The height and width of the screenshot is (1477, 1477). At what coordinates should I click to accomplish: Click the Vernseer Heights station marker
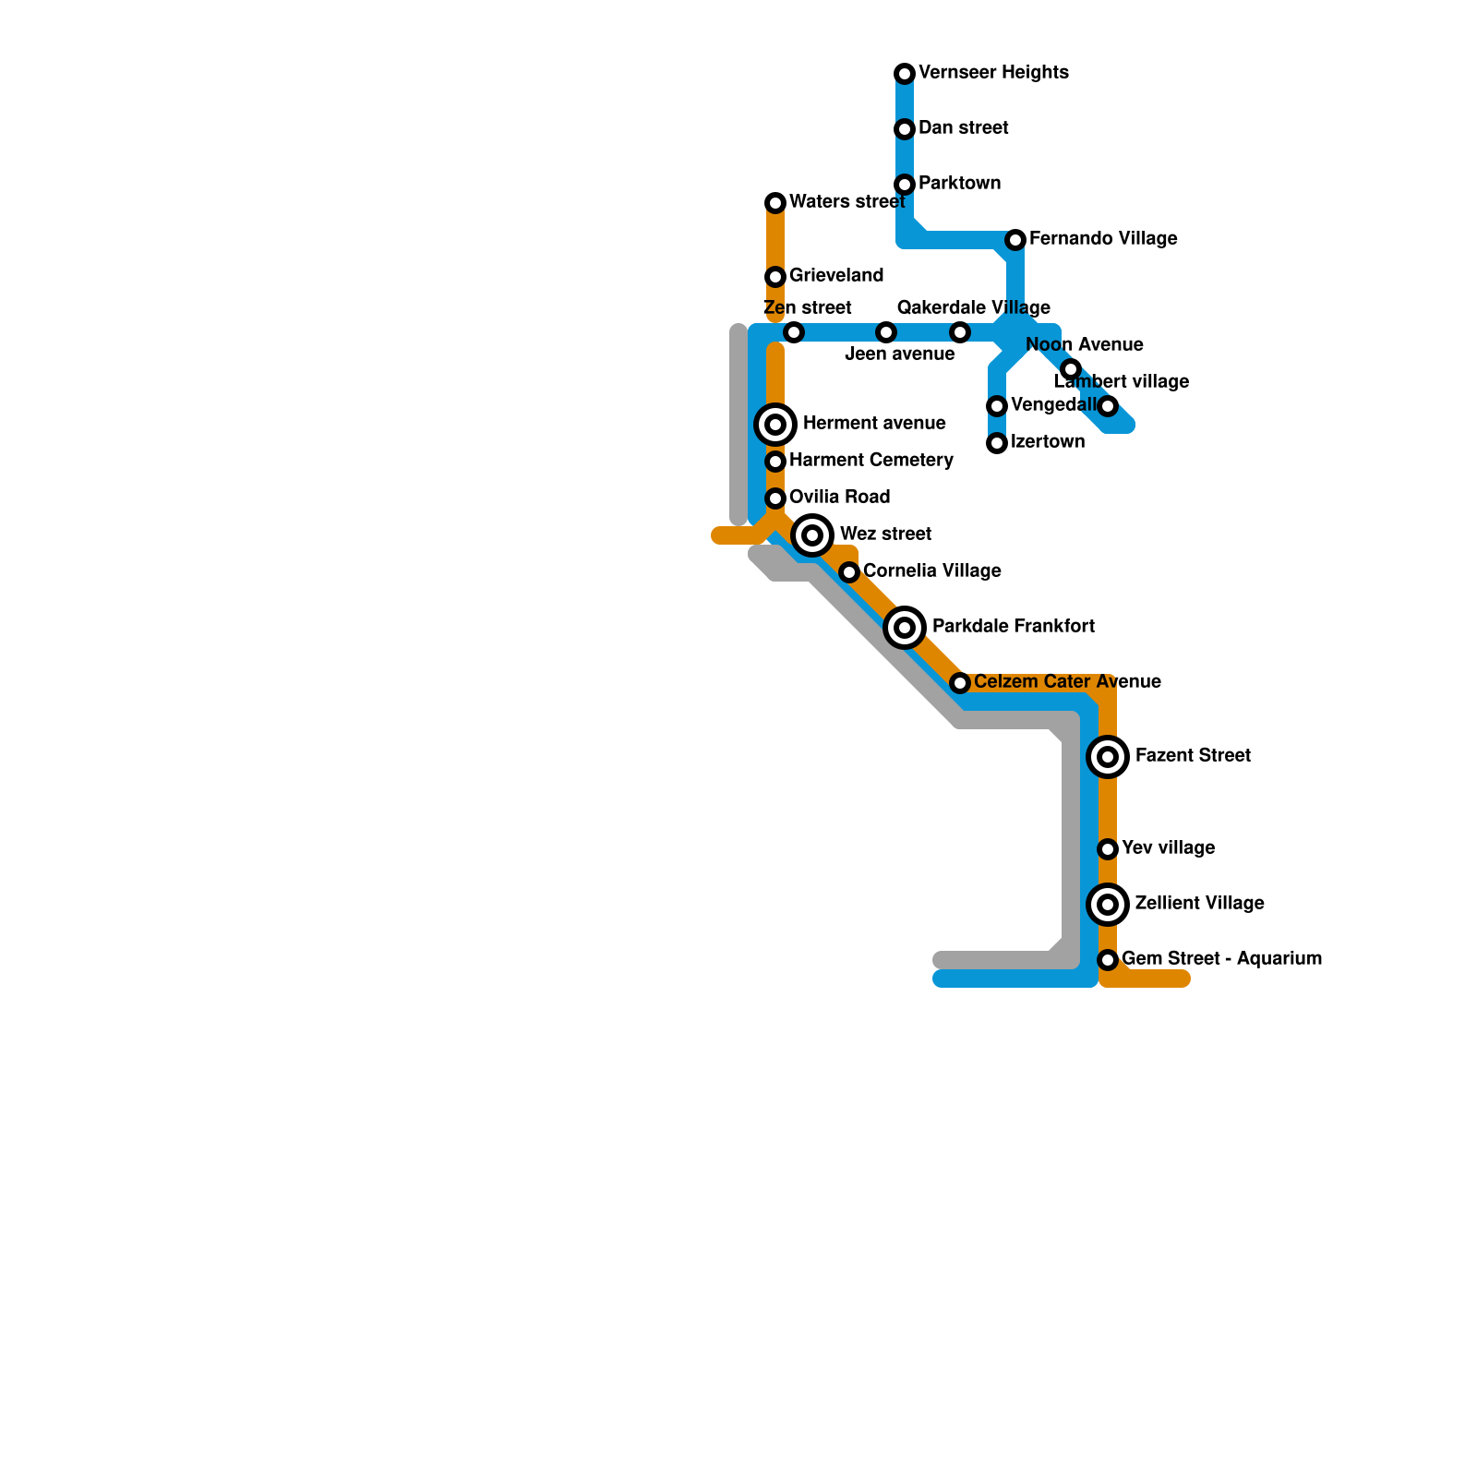click(905, 74)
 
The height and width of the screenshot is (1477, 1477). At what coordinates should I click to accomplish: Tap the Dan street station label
click(963, 128)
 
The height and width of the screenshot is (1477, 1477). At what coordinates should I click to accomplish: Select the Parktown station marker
click(905, 185)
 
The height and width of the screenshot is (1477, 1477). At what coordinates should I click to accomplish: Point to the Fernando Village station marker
click(1015, 240)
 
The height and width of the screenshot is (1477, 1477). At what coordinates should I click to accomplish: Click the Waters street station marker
click(775, 203)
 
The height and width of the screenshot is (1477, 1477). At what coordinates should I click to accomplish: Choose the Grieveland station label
click(836, 276)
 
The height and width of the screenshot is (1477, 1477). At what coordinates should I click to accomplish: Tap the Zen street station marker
click(794, 332)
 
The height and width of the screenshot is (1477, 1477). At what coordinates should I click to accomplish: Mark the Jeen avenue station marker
click(886, 332)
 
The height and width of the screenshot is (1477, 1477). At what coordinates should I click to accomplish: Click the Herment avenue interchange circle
click(775, 425)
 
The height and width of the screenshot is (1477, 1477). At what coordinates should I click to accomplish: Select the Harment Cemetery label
click(871, 461)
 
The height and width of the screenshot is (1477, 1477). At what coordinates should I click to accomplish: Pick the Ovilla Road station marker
click(775, 498)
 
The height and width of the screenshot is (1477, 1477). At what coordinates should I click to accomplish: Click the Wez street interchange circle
click(812, 535)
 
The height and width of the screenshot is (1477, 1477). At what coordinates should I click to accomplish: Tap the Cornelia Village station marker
click(849, 572)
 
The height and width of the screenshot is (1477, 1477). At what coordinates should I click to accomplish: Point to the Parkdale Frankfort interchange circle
click(905, 628)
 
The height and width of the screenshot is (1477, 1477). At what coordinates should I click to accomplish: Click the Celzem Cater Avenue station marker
click(960, 683)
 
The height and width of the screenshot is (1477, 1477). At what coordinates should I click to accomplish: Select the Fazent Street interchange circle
click(1108, 757)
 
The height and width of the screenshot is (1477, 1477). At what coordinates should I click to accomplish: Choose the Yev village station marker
click(1108, 849)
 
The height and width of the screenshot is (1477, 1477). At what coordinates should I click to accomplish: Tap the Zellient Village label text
click(1199, 904)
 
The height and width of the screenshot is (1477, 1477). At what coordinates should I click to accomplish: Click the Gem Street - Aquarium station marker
click(1108, 960)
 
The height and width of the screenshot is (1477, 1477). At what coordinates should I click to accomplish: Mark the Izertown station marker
click(997, 443)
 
